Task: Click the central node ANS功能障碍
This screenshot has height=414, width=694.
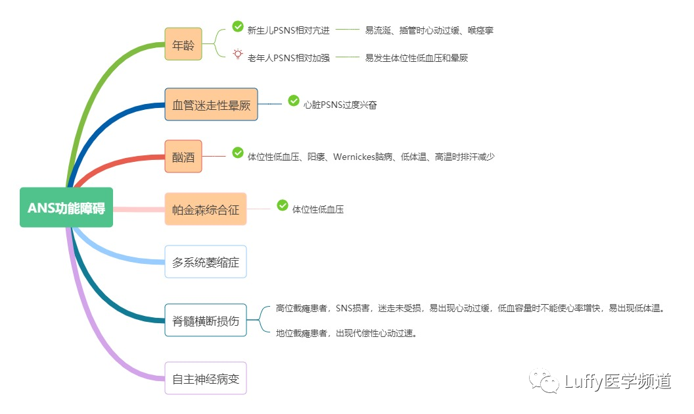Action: click(x=66, y=207)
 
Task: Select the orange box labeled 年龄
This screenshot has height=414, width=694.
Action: click(x=183, y=45)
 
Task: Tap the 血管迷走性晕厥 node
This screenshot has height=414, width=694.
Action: click(x=211, y=104)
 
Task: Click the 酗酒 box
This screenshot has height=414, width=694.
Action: click(x=183, y=157)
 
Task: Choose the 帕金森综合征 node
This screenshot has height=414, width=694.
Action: click(x=205, y=209)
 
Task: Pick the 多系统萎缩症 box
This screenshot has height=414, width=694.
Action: click(x=205, y=262)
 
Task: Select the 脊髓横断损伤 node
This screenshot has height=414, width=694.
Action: click(x=205, y=321)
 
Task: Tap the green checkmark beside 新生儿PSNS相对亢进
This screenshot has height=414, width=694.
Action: click(x=238, y=26)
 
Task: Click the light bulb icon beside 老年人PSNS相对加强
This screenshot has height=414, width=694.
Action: click(x=238, y=55)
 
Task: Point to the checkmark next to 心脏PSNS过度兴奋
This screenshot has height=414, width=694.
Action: click(x=294, y=101)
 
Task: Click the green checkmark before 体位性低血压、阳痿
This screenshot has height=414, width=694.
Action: click(x=238, y=153)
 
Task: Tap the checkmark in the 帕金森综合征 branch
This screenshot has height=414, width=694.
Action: click(x=283, y=205)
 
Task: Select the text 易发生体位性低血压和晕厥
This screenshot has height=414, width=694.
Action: click(x=416, y=58)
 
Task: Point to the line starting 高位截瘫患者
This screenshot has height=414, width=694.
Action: click(x=471, y=308)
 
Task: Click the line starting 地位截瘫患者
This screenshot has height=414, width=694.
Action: click(x=347, y=333)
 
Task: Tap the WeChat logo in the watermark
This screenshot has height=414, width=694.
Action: click(x=545, y=380)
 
